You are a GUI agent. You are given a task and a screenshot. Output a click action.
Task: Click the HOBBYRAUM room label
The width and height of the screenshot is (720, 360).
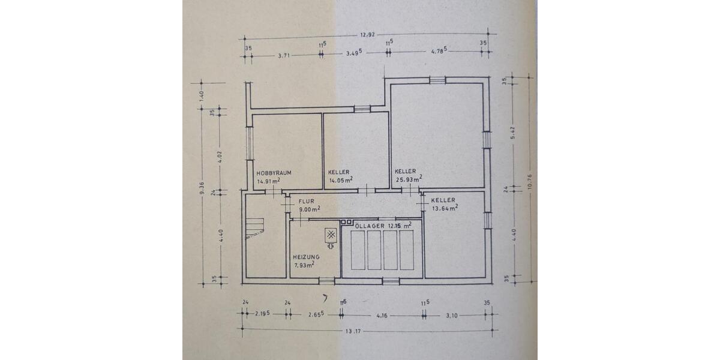coord(274,172)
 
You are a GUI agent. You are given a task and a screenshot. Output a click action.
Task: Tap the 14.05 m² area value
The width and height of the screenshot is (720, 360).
coord(340,179)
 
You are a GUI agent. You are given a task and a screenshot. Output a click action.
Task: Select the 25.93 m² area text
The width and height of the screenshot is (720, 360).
coord(409,179)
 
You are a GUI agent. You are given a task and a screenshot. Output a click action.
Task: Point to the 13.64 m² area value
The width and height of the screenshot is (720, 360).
coord(445,208)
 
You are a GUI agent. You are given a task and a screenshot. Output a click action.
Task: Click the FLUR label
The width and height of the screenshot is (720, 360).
coord(306,202)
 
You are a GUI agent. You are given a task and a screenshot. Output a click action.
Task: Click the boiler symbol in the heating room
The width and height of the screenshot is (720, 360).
coord(331,236)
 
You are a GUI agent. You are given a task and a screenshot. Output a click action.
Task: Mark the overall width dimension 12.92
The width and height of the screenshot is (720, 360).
coord(368,34)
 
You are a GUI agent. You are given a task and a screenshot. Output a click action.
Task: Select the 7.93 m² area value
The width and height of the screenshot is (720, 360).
coord(305,265)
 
